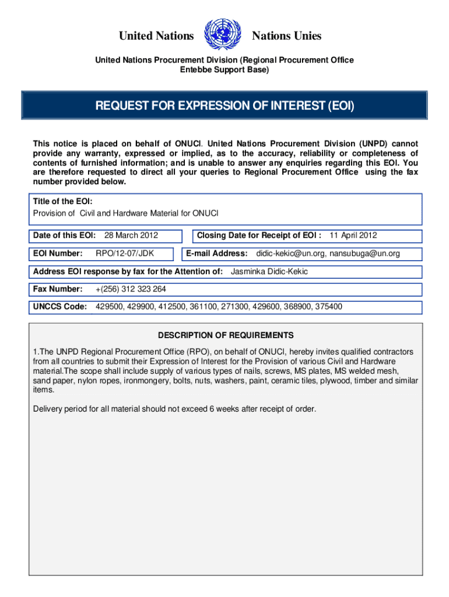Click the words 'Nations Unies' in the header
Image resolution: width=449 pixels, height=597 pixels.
tap(286, 36)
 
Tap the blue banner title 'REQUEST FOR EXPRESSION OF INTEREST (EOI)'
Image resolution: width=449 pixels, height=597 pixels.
tap(224, 106)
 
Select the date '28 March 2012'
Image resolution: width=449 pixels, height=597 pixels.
tap(131, 236)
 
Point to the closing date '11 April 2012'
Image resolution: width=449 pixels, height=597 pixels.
tap(353, 236)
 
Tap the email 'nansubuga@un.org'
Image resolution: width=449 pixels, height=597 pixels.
tap(364, 254)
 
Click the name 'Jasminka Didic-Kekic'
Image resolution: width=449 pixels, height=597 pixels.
tap(269, 272)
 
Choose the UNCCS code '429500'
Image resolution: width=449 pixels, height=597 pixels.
tap(108, 307)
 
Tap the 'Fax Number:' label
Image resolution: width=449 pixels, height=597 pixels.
tap(58, 289)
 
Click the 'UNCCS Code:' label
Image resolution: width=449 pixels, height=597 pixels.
tap(60, 307)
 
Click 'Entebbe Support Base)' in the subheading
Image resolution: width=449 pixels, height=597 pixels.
tap(224, 70)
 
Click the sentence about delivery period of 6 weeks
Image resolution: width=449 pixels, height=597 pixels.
tap(174, 409)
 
